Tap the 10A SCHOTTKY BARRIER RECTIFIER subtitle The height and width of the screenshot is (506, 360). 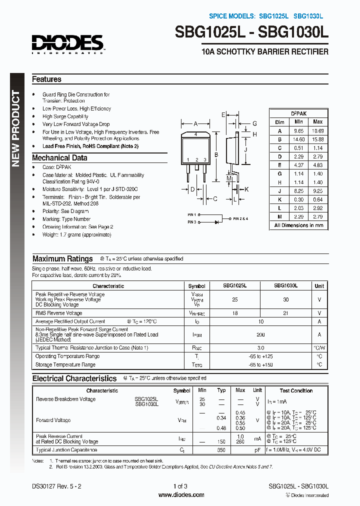pyautogui.click(x=264, y=52)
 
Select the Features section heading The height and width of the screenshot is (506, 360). pyautogui.click(x=46, y=79)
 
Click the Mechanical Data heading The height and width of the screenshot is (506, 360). pyautogui.click(x=59, y=157)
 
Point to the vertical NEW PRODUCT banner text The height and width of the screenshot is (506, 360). pyautogui.click(x=16, y=128)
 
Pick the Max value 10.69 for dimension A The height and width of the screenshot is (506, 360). pyautogui.click(x=317, y=130)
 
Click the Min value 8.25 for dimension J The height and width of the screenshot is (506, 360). pyautogui.click(x=298, y=191)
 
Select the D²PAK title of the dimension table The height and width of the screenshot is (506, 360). pyautogui.click(x=298, y=113)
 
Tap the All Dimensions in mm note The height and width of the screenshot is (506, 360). pyautogui.click(x=298, y=225)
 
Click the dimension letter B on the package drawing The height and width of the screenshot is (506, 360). pyautogui.click(x=216, y=155)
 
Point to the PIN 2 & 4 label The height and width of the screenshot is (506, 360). pyautogui.click(x=240, y=218)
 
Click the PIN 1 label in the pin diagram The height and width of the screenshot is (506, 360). pyautogui.click(x=192, y=214)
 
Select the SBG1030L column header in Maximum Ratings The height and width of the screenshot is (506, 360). pyautogui.click(x=285, y=285)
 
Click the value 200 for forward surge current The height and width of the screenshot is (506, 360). pyautogui.click(x=260, y=334)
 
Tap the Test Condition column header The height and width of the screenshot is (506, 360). pyautogui.click(x=296, y=390)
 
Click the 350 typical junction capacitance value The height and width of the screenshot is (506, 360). pyautogui.click(x=221, y=450)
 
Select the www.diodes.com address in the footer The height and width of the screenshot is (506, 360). pyautogui.click(x=180, y=494)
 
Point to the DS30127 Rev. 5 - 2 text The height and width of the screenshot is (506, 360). pyautogui.click(x=53, y=486)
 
